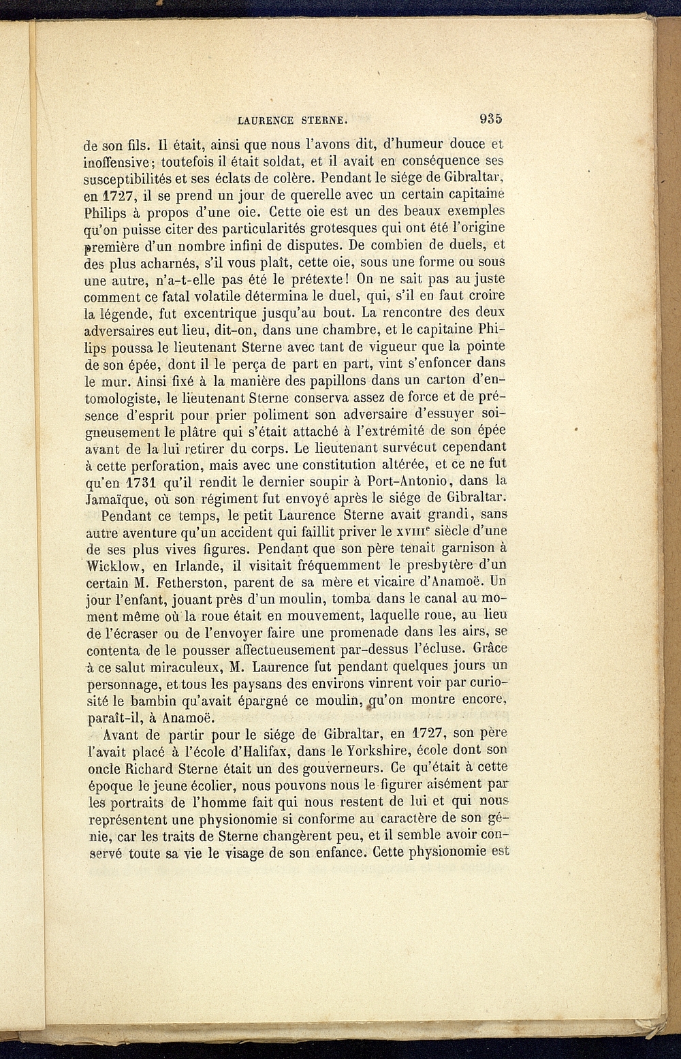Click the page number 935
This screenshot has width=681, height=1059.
pos(490,118)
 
